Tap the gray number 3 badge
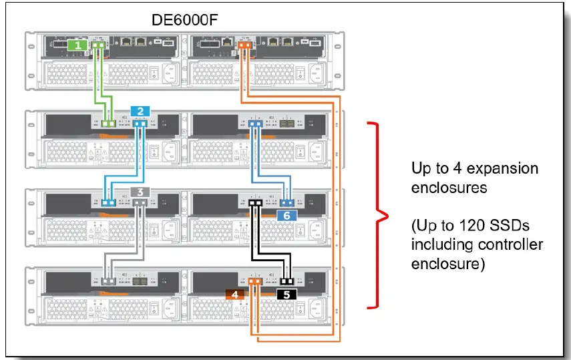coord(139,191)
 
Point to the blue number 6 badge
coord(287,215)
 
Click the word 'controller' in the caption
coord(512,244)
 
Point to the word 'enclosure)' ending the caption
coord(446,264)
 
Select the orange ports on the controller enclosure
coord(245,46)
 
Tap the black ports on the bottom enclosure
coord(287,282)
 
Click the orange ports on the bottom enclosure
coord(254,282)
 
